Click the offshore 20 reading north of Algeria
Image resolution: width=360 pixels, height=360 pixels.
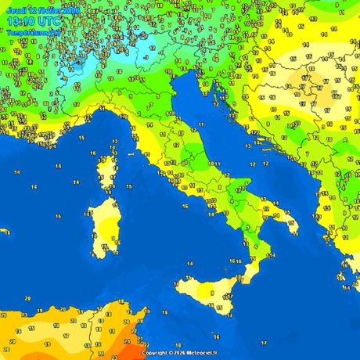coord(27,298)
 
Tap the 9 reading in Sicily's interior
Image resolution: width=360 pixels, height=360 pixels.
coord(211,293)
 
